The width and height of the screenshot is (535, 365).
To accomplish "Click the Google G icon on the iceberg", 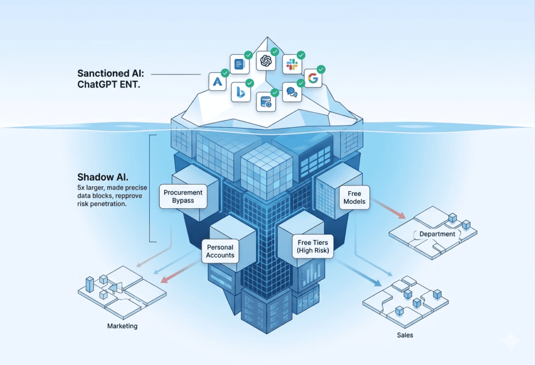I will (x=312, y=79).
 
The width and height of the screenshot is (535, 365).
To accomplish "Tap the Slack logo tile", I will (x=291, y=64).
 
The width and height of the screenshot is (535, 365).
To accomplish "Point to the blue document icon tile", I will (x=239, y=65).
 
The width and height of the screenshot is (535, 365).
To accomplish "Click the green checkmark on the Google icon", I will (x=321, y=69).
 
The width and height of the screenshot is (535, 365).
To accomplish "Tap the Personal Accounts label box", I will (x=220, y=251).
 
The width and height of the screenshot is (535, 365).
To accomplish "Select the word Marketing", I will (x=122, y=326).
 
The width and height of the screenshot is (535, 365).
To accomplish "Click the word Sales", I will (x=404, y=335).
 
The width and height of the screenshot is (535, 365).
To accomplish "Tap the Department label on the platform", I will (x=437, y=234).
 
